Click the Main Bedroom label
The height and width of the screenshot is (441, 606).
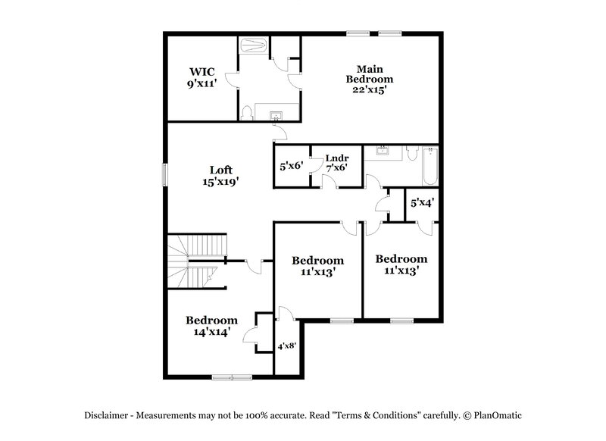370,79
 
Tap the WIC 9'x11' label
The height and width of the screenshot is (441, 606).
203,77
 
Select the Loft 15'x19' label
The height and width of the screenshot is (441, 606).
220,176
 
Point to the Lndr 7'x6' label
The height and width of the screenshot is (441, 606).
336,162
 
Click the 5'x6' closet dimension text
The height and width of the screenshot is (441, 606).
291,166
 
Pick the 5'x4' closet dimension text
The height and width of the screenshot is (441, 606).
421,202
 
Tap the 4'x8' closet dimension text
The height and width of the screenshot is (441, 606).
287,346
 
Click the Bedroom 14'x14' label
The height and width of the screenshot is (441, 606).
211,326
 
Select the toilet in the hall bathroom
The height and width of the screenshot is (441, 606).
411,155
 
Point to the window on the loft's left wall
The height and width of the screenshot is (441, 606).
164,174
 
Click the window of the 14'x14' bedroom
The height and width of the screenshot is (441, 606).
232,377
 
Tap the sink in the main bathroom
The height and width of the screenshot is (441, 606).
276,115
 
